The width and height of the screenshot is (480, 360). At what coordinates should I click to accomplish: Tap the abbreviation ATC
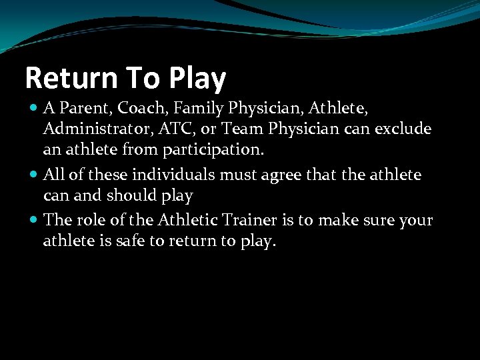click(167, 127)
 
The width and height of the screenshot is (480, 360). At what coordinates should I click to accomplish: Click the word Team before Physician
click(241, 127)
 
